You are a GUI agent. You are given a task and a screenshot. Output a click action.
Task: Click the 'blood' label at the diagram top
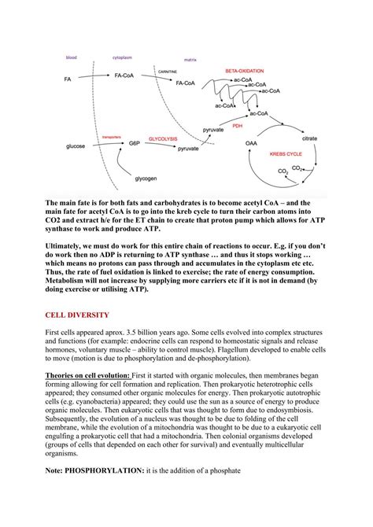71,57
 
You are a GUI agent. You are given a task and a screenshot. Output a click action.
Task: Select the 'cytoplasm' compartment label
123,57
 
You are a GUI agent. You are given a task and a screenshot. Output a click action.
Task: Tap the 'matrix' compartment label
190,59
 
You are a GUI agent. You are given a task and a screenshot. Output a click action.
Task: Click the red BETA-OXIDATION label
246,70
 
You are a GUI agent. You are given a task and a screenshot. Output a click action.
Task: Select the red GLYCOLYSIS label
163,138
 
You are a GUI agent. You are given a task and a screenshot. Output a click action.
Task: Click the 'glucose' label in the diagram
76,146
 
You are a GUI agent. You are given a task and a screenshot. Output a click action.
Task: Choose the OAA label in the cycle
251,143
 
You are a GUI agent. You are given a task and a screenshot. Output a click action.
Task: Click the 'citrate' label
309,138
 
